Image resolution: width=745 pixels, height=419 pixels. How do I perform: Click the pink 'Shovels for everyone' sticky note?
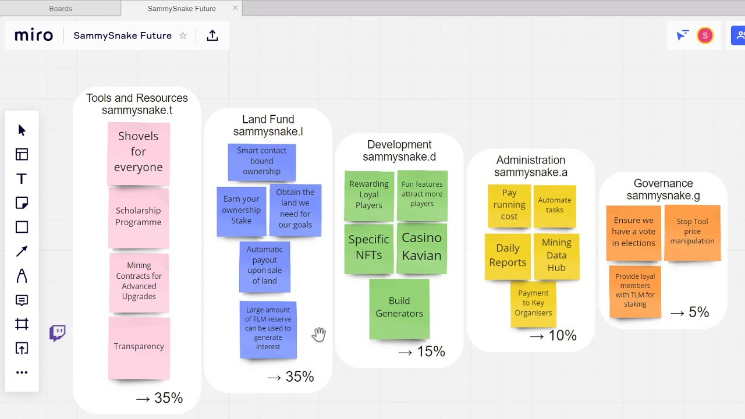139,154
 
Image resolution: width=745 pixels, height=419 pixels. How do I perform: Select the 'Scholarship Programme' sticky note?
139,218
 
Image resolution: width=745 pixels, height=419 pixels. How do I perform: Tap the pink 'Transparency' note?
139,348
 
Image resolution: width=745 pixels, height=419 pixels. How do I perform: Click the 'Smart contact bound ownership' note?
262,162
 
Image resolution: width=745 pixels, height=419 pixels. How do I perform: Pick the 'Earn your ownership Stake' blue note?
242,211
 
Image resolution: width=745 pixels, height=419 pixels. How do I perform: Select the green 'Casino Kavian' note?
422,248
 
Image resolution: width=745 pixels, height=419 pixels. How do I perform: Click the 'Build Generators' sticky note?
399,309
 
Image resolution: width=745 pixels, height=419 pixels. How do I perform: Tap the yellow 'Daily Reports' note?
508,257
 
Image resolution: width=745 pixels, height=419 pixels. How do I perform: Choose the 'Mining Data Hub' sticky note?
556,256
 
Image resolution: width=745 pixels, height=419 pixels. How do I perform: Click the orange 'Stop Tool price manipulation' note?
693,232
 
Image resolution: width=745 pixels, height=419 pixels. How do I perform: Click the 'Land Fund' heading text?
268,119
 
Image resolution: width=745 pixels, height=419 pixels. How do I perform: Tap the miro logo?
34,35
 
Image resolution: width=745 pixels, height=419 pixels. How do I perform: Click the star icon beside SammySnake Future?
183,35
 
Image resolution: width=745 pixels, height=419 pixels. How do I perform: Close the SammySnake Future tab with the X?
235,8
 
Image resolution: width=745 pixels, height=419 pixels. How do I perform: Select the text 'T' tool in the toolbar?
22,179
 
